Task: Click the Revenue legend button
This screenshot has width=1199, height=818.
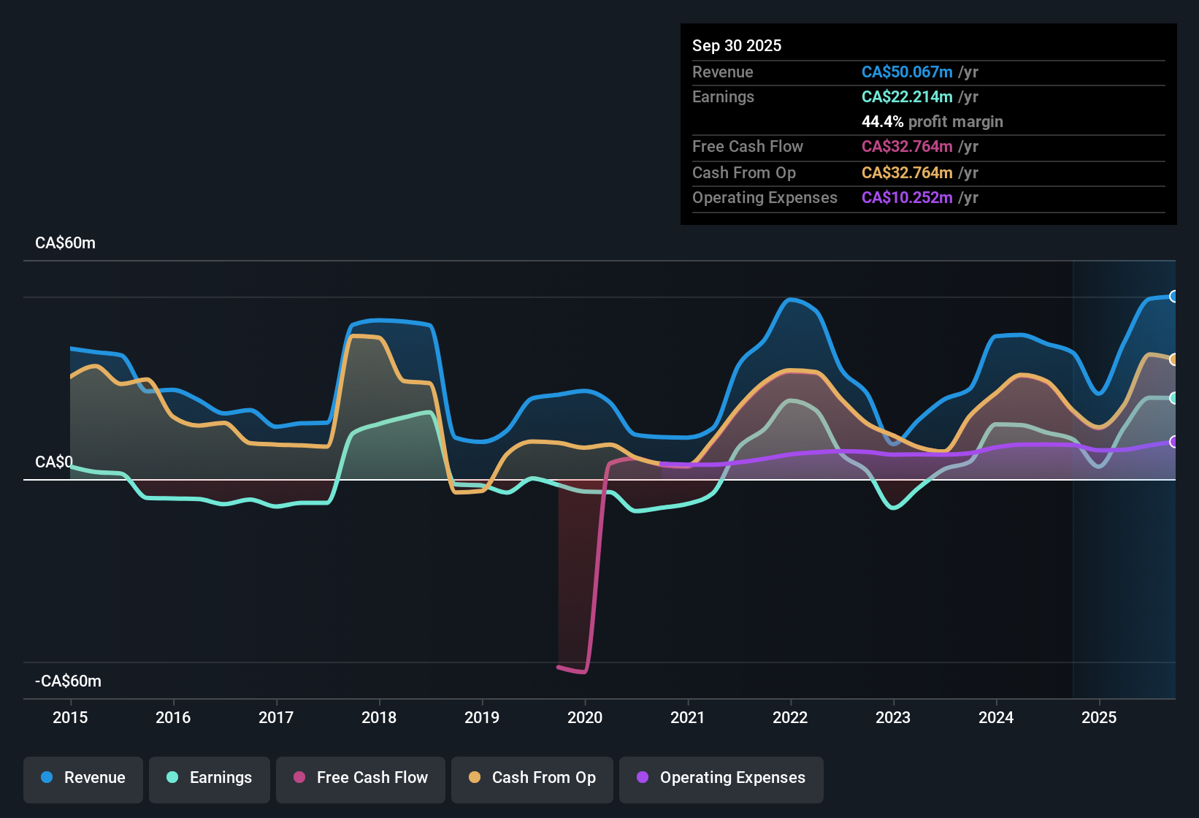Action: click(x=83, y=778)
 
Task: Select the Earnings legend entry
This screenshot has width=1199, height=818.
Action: click(x=210, y=778)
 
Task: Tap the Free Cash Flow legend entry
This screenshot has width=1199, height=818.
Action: click(x=361, y=778)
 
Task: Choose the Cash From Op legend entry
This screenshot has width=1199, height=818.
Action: click(x=532, y=778)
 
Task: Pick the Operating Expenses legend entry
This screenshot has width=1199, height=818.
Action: click(x=721, y=778)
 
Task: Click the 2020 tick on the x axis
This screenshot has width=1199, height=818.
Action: click(x=585, y=717)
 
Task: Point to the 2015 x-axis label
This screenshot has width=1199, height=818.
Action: click(x=70, y=717)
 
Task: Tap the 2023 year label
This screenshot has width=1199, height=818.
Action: click(x=893, y=717)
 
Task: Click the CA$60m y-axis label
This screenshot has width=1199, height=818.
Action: click(x=65, y=243)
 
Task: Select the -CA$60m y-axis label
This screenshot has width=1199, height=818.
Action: click(x=68, y=681)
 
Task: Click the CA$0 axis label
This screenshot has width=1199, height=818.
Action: click(x=53, y=462)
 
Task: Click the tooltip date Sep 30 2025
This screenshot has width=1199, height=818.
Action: click(x=736, y=45)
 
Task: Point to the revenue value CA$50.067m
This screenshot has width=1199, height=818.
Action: click(x=907, y=72)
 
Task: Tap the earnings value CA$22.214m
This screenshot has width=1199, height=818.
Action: click(x=907, y=96)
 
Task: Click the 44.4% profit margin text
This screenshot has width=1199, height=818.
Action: click(x=932, y=121)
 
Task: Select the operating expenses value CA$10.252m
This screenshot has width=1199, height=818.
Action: click(x=907, y=197)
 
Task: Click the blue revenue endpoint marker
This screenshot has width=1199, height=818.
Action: click(x=1173, y=297)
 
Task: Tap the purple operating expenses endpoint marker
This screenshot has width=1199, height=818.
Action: click(x=1173, y=442)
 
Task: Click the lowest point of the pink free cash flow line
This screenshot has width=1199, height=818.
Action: click(x=583, y=672)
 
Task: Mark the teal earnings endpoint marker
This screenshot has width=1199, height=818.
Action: click(x=1173, y=398)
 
